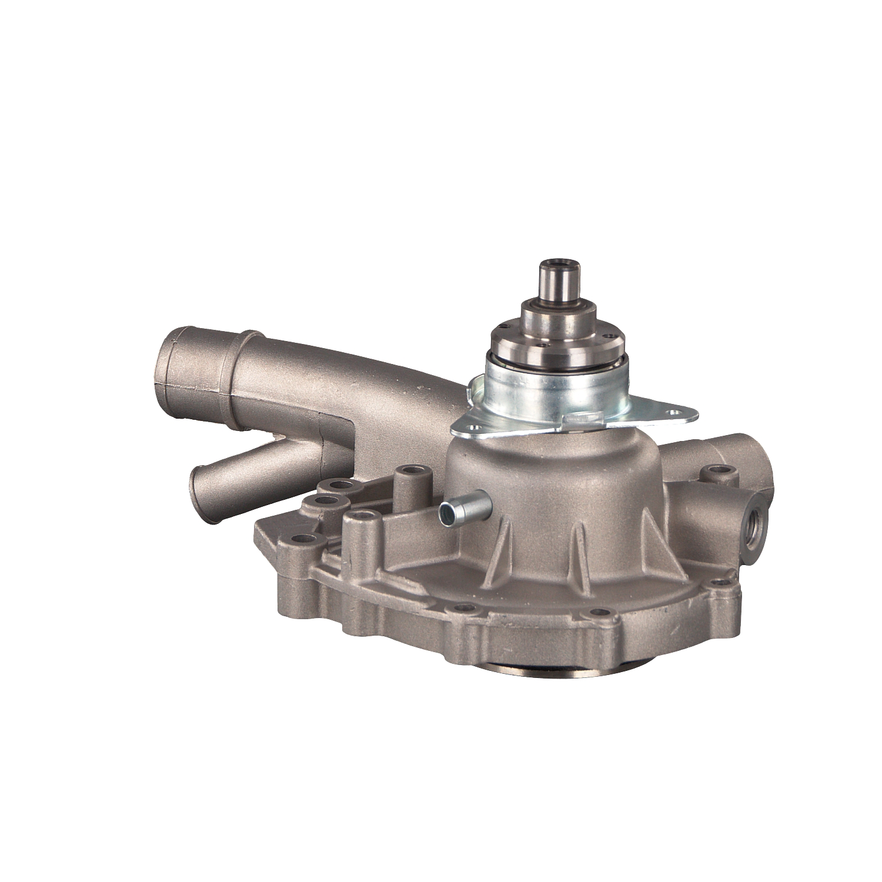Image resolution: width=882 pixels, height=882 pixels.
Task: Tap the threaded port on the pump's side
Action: [754, 518]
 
